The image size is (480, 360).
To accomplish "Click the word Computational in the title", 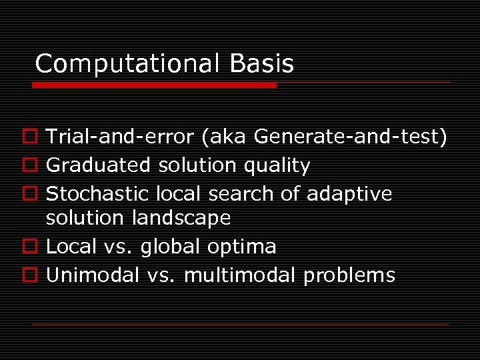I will pos(126,64).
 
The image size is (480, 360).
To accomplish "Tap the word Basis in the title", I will pos(261,64).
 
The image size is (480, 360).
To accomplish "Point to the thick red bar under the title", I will pos(155,85).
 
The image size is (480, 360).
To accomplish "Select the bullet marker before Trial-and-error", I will pos(37,137).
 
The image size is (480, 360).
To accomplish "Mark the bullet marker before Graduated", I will pos(37,165).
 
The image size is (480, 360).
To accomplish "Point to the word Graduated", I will pos(99,165).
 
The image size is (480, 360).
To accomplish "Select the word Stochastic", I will pos(98,193).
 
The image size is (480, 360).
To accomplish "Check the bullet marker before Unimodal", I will pos(37,275).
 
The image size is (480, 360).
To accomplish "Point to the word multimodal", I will pos(240,275).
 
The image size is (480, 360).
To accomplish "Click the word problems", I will pos(349,275).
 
